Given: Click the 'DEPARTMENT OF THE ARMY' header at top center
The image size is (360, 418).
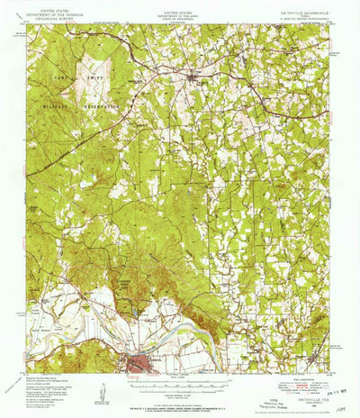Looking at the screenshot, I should click(180, 14).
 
